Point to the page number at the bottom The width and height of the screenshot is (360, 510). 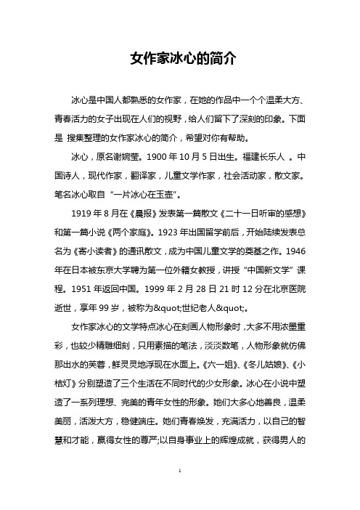pyautogui.click(x=179, y=491)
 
